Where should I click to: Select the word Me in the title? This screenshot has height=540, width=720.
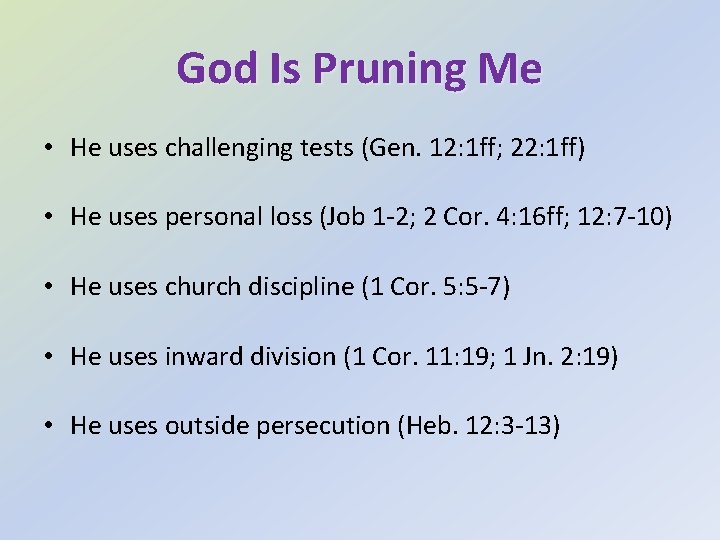tap(510, 68)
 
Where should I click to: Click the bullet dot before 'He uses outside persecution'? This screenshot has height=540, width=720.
tap(49, 426)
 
